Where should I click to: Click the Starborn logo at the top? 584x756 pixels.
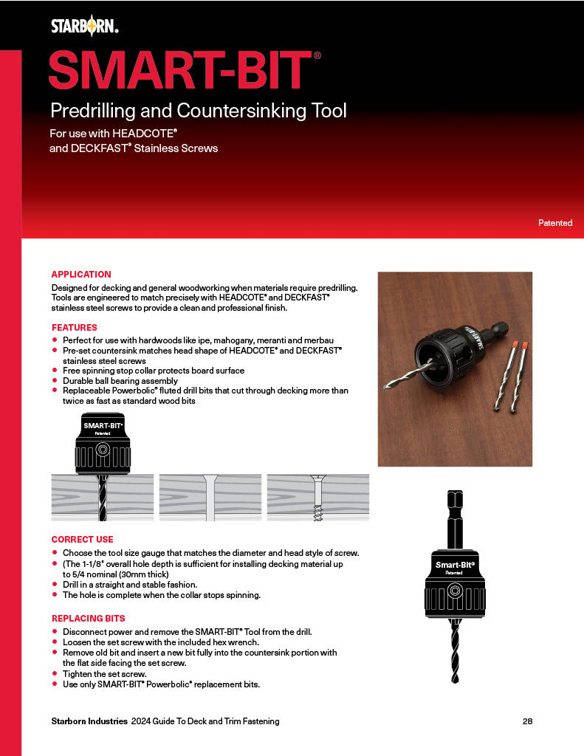84,27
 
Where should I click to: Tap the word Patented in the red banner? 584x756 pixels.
554,222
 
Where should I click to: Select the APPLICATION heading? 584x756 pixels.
81,275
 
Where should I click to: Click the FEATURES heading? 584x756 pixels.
74,327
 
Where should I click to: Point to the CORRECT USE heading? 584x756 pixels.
82,540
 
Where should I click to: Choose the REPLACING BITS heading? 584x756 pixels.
88,618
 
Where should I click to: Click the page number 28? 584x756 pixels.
527,721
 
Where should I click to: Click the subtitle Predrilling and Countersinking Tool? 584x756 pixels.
198,111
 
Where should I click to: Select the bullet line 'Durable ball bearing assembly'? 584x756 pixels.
120,381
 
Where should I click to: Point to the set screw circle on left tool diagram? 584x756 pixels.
103,448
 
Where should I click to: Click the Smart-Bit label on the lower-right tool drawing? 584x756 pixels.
454,565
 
